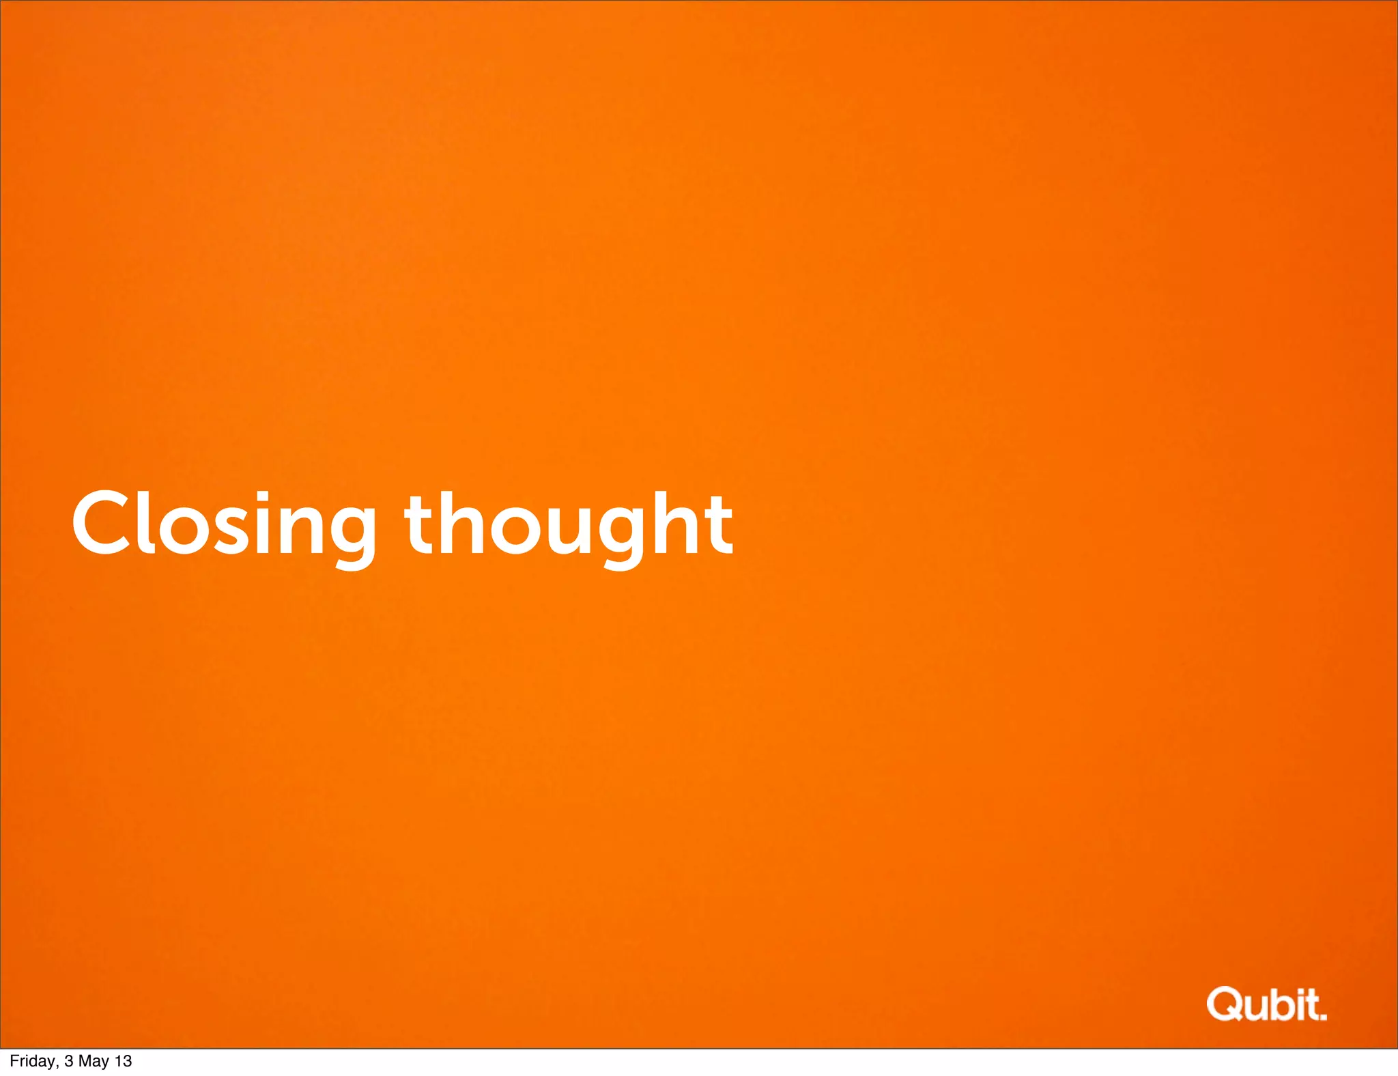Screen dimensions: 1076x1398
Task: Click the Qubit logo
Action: (1266, 1004)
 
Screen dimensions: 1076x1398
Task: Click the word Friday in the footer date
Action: (33, 1061)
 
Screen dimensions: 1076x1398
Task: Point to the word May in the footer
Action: (93, 1061)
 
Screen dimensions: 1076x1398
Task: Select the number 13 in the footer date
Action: (123, 1061)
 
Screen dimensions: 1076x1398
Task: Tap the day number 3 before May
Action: (68, 1061)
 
